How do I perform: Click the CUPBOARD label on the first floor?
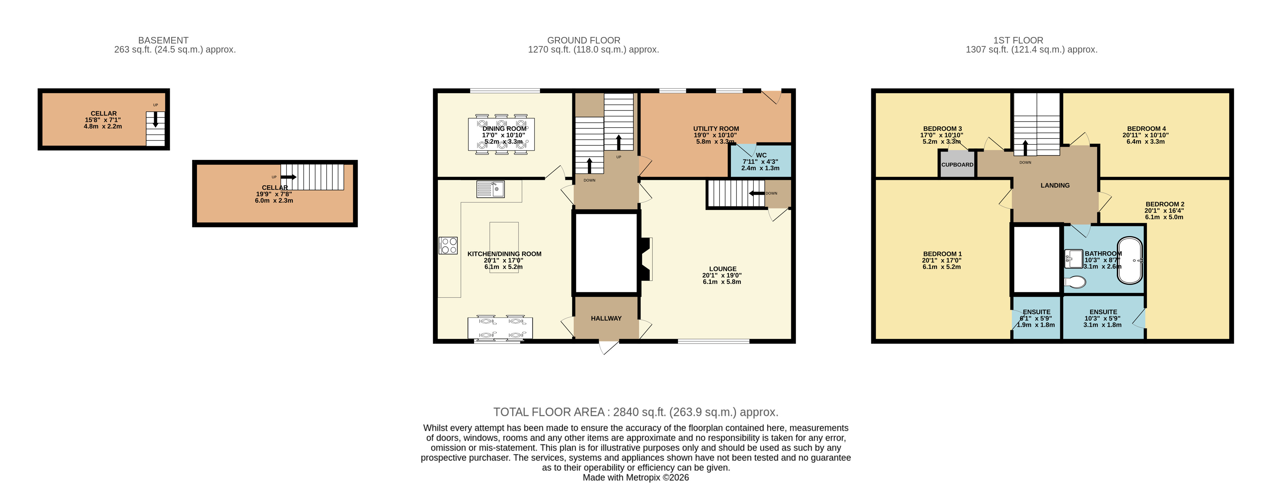[x=957, y=165]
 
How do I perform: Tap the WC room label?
[x=761, y=155]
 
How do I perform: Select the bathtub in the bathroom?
[x=1130, y=261]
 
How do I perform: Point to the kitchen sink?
[x=490, y=189]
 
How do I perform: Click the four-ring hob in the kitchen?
[x=448, y=245]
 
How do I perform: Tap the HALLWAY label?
[x=606, y=318]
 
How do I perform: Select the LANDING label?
[x=1055, y=185]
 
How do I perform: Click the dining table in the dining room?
[x=501, y=134]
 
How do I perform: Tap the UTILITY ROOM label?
[x=716, y=128]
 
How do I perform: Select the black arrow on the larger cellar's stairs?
[x=288, y=177]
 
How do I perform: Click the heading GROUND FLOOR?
[x=583, y=40]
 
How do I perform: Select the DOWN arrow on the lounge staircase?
[x=757, y=193]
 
